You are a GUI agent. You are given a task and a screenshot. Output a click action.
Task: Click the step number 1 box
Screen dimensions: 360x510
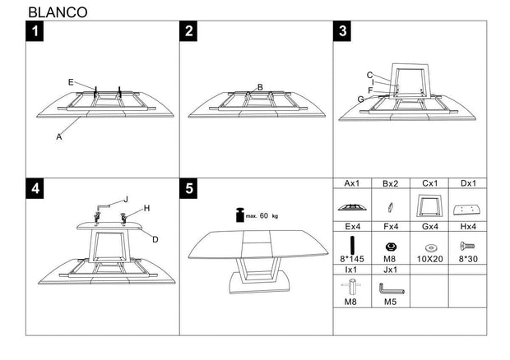pos(36,32)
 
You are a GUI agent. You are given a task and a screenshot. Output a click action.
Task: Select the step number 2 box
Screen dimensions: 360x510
pos(190,32)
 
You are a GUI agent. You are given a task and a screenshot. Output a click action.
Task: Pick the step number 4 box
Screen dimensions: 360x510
pos(36,188)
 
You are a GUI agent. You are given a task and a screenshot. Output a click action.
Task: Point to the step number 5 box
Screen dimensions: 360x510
pos(190,188)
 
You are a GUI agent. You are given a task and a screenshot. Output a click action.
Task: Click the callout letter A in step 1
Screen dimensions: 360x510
pos(59,137)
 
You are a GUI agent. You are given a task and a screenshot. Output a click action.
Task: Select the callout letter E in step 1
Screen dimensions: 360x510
pos(71,81)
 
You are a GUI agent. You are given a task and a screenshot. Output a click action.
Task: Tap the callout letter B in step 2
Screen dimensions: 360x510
pos(259,87)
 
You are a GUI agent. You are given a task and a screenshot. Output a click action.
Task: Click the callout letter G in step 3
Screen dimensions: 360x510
pos(360,99)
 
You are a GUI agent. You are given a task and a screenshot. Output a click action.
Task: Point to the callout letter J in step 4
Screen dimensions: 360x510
pos(126,198)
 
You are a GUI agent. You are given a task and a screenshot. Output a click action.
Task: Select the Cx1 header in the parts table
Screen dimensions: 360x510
pos(429,183)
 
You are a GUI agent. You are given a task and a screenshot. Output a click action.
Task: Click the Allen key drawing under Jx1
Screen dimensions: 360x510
pos(391,288)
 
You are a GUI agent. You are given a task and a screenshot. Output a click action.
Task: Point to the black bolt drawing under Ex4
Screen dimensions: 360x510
pos(352,245)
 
